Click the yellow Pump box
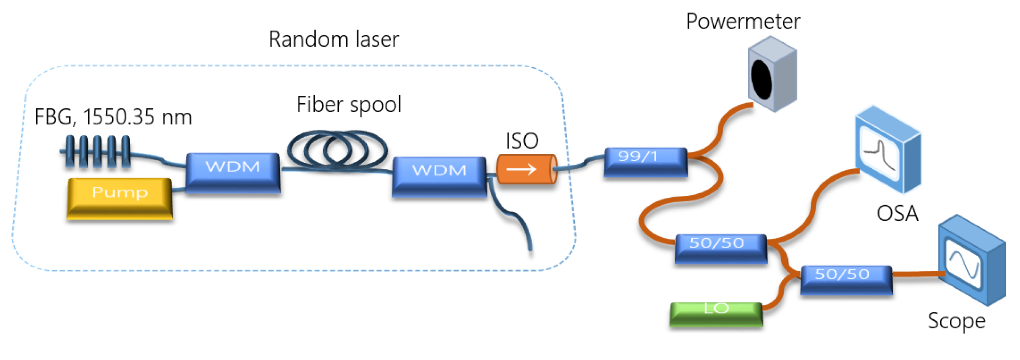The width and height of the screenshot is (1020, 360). click(120, 199)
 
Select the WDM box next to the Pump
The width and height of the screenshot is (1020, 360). click(233, 172)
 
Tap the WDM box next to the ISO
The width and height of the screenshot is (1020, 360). click(439, 176)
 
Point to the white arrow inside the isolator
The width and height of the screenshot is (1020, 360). click(521, 170)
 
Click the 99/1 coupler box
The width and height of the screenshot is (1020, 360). click(645, 161)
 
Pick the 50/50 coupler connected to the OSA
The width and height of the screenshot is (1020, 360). click(721, 248)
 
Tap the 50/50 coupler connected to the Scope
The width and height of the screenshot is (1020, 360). click(846, 279)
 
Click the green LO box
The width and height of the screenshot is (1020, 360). click(716, 314)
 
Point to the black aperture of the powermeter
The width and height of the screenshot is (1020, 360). click(761, 79)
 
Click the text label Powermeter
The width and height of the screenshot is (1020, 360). click(743, 21)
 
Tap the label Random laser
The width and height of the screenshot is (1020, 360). click(334, 39)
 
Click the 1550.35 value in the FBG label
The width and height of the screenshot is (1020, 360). click(118, 118)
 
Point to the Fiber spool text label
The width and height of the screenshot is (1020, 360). click(349, 104)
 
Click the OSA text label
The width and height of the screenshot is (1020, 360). click(897, 213)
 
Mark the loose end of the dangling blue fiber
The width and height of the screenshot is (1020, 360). click(531, 250)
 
